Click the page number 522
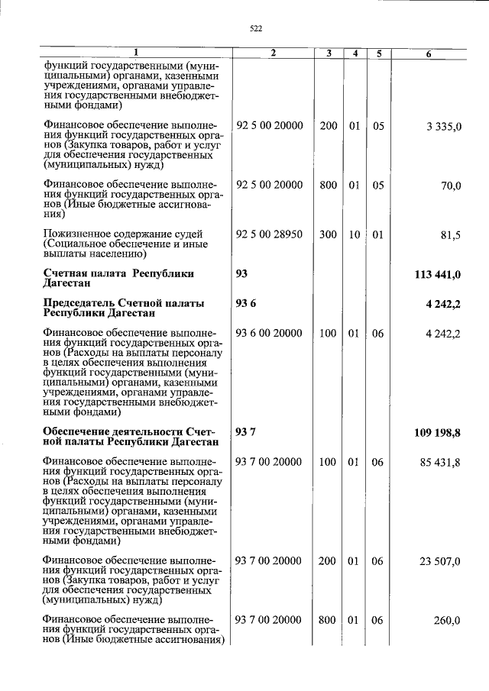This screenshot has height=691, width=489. pyautogui.click(x=256, y=29)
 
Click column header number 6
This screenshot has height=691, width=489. pyautogui.click(x=429, y=53)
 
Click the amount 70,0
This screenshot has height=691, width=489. pyautogui.click(x=451, y=186)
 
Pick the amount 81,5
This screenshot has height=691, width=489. pyautogui.click(x=450, y=236)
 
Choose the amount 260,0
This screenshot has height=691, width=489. pyautogui.click(x=448, y=620)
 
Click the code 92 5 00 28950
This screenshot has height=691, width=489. pyautogui.click(x=270, y=234)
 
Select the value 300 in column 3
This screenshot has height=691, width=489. pyautogui.click(x=328, y=234)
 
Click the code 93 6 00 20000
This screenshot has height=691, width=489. pyautogui.click(x=270, y=333)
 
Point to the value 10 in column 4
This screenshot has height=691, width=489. pyautogui.click(x=354, y=234)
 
